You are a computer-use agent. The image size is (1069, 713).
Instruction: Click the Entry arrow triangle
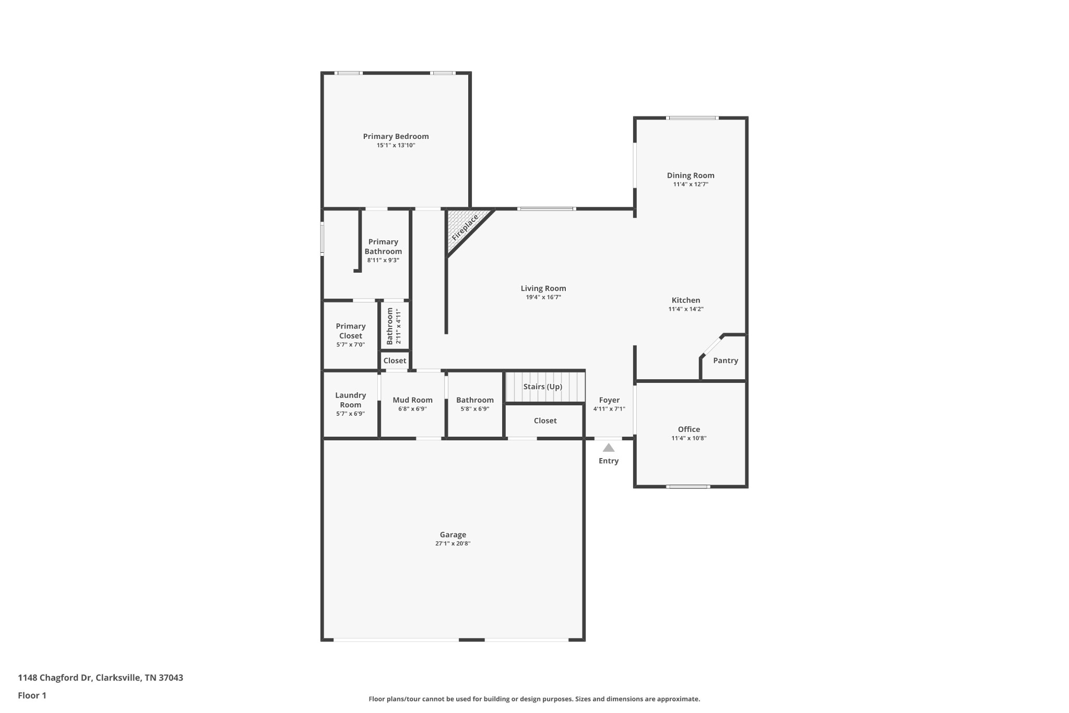pyautogui.click(x=609, y=448)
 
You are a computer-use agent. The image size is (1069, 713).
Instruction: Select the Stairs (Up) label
pyautogui.click(x=542, y=387)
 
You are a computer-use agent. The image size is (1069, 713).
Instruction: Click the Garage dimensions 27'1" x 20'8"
pyautogui.click(x=453, y=543)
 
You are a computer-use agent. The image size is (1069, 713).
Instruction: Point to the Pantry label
pyautogui.click(x=725, y=360)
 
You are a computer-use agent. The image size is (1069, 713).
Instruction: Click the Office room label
pyautogui.click(x=688, y=429)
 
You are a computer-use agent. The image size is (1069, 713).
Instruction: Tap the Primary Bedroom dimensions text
pyautogui.click(x=396, y=145)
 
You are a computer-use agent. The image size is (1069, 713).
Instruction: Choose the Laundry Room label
pyautogui.click(x=350, y=400)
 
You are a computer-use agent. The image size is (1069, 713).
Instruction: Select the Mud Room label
pyautogui.click(x=412, y=400)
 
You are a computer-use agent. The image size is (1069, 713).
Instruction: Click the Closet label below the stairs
pyautogui.click(x=545, y=420)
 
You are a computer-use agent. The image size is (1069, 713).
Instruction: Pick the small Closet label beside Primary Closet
pyautogui.click(x=395, y=360)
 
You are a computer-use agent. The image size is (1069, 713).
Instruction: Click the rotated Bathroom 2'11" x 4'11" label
pyautogui.click(x=394, y=326)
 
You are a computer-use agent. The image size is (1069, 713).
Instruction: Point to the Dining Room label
pyautogui.click(x=690, y=176)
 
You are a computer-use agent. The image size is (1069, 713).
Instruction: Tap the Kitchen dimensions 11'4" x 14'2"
pyautogui.click(x=686, y=309)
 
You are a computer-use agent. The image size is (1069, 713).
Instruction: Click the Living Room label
pyautogui.click(x=543, y=288)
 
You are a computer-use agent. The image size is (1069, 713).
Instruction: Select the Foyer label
pyautogui.click(x=609, y=400)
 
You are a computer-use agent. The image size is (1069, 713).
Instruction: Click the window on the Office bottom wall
pyautogui.click(x=688, y=486)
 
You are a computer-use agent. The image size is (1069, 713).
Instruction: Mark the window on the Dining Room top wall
pyautogui.click(x=693, y=118)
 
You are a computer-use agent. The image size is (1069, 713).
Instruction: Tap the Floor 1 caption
pyautogui.click(x=32, y=695)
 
